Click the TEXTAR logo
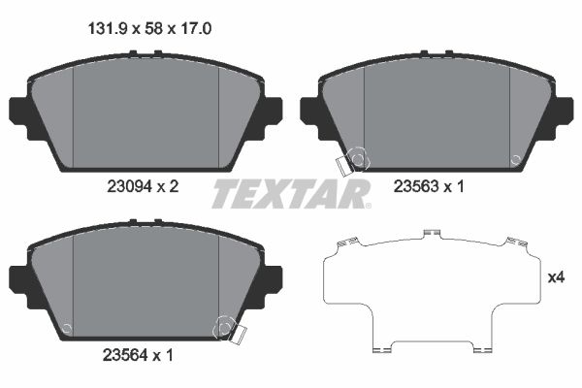[x=291, y=193]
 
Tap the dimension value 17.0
[x=196, y=29]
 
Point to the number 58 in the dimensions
[x=153, y=29]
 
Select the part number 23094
[x=130, y=186]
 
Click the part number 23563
[x=416, y=186]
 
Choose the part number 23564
[x=125, y=356]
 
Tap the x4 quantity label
[x=557, y=277]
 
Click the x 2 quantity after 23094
[x=168, y=186]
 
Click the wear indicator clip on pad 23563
[x=343, y=165]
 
